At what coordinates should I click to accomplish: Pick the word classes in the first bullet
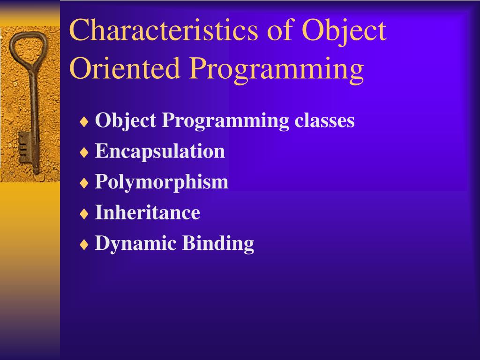(324, 120)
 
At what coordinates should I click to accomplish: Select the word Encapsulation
(160, 152)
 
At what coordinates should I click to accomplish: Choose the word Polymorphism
(162, 182)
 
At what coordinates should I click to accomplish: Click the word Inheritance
(148, 212)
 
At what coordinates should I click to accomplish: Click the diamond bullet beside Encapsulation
(84, 152)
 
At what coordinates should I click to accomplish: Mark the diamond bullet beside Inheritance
(84, 214)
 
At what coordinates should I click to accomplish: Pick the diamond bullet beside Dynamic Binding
(84, 245)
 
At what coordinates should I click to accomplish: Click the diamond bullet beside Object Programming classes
(84, 122)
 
